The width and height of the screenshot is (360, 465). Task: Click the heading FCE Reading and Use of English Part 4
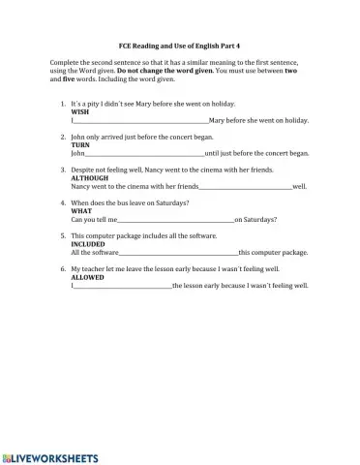coord(180,46)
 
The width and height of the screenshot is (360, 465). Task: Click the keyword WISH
coord(80,112)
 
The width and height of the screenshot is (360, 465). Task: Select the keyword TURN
coord(80,145)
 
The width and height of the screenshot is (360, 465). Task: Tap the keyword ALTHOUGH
coord(90,178)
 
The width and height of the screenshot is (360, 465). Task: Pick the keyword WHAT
coord(81,211)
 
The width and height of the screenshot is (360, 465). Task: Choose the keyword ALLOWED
coord(88,277)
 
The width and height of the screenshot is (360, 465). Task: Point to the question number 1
coord(62,104)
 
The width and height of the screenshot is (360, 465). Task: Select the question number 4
coord(62,202)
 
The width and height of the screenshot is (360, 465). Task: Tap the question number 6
coord(62,268)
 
